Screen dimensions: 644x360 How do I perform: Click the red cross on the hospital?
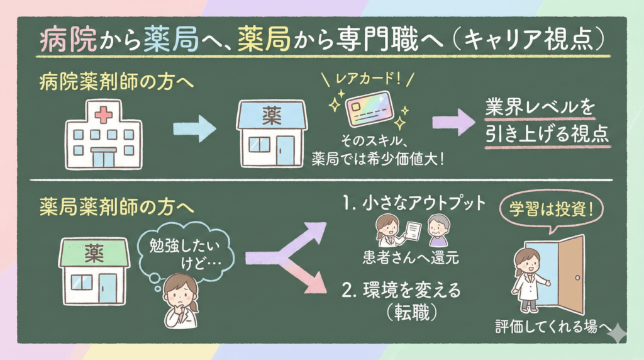point(103,115)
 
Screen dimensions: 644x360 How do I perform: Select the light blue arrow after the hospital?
point(194,128)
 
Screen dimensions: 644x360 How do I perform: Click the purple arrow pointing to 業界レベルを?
point(453,122)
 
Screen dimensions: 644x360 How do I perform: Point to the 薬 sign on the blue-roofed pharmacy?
point(272,115)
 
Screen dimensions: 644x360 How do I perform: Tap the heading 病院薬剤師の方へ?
point(116,81)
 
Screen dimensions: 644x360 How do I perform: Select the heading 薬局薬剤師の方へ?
point(116,206)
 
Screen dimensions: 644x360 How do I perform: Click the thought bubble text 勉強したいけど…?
point(185,254)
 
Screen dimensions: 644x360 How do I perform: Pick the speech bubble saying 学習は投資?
point(551,210)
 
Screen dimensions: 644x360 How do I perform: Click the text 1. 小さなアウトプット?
point(414,203)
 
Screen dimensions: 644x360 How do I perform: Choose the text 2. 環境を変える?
point(401,290)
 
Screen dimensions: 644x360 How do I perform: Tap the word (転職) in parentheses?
point(411,313)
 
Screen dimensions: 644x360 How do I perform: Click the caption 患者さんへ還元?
point(411,257)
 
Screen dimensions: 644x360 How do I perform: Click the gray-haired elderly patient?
point(438,230)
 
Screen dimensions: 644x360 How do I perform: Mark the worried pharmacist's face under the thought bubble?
point(180,295)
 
